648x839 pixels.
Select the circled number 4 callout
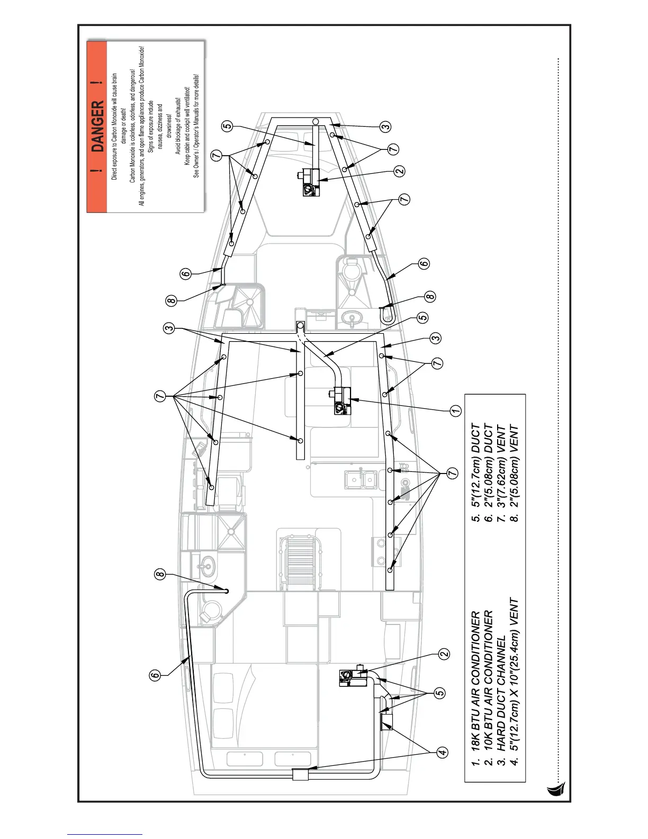(x=443, y=752)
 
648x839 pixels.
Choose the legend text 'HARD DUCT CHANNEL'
(x=501, y=704)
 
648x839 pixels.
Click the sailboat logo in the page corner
(x=556, y=789)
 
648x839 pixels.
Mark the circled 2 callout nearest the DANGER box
(x=399, y=171)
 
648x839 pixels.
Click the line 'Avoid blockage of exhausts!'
(x=178, y=126)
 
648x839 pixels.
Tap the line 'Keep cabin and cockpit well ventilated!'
(x=187, y=126)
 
